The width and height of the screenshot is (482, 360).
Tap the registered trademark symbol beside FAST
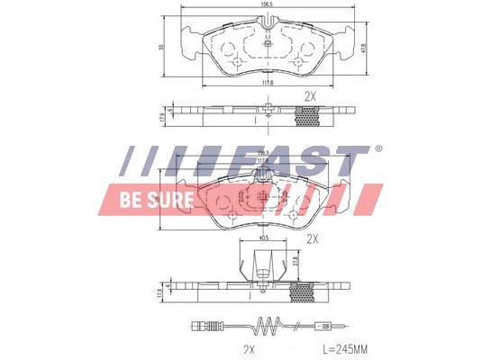point(377,148)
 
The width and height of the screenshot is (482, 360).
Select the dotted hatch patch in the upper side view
point(311,115)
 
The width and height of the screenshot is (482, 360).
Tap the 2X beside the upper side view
point(311,95)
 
